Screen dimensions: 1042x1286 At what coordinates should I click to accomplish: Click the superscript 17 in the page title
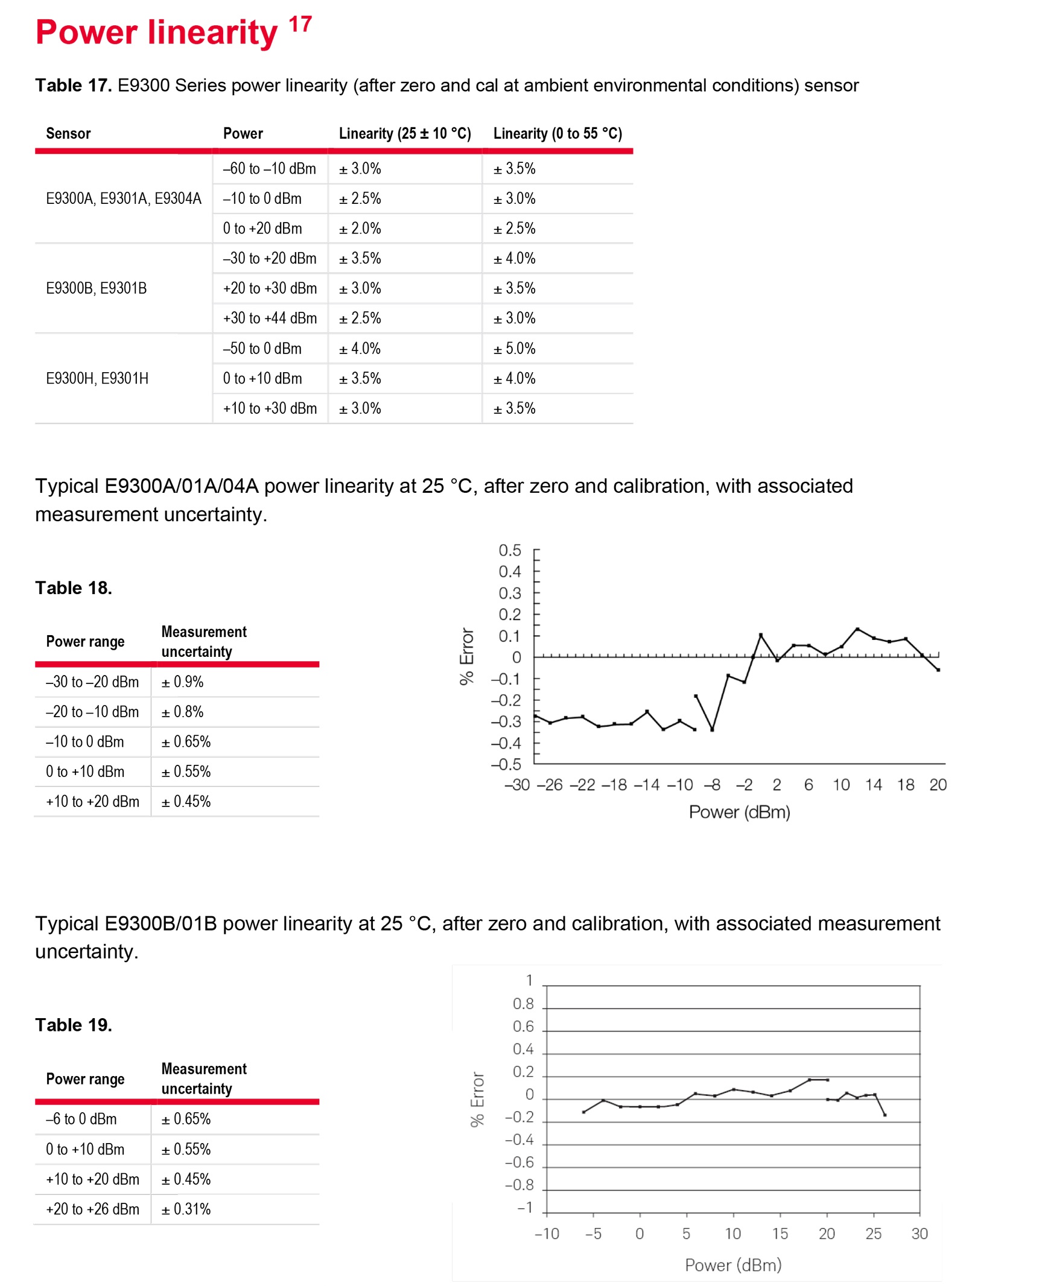pyautogui.click(x=300, y=24)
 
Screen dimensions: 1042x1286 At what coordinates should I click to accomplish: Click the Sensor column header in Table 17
pyautogui.click(x=68, y=133)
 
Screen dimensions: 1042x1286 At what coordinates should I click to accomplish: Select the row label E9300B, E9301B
pyautogui.click(x=97, y=288)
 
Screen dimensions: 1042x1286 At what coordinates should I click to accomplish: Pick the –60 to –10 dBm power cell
pyautogui.click(x=269, y=169)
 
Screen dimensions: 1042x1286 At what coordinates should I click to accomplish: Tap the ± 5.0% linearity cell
pyautogui.click(x=514, y=349)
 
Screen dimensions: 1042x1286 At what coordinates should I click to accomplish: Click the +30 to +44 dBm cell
pyautogui.click(x=270, y=318)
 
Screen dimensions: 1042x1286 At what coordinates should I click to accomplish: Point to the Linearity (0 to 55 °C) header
pyautogui.click(x=558, y=133)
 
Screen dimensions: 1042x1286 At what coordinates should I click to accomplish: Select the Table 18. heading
pyautogui.click(x=74, y=588)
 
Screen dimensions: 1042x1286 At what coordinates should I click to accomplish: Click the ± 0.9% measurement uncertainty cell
pyautogui.click(x=182, y=682)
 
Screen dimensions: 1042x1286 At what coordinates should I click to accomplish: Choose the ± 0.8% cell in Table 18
pyautogui.click(x=182, y=712)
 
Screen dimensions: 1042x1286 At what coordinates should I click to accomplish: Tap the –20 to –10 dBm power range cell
pyautogui.click(x=92, y=712)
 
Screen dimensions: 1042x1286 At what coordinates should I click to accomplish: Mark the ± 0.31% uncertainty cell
pyautogui.click(x=186, y=1209)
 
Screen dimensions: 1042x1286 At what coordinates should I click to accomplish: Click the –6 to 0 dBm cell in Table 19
pyautogui.click(x=81, y=1119)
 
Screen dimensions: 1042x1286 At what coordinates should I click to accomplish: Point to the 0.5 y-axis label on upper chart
pyautogui.click(x=510, y=550)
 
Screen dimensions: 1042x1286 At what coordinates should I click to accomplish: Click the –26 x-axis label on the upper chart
pyautogui.click(x=550, y=785)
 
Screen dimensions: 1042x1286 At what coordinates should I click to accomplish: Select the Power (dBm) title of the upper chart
pyautogui.click(x=739, y=812)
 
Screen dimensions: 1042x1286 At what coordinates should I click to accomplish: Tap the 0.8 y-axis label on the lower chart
pyautogui.click(x=523, y=1004)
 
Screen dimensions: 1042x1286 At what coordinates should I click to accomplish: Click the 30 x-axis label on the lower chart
pyautogui.click(x=920, y=1234)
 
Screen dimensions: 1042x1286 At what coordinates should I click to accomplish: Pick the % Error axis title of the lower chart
pyautogui.click(x=477, y=1099)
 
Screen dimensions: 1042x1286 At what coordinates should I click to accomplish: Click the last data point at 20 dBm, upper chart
pyautogui.click(x=938, y=670)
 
